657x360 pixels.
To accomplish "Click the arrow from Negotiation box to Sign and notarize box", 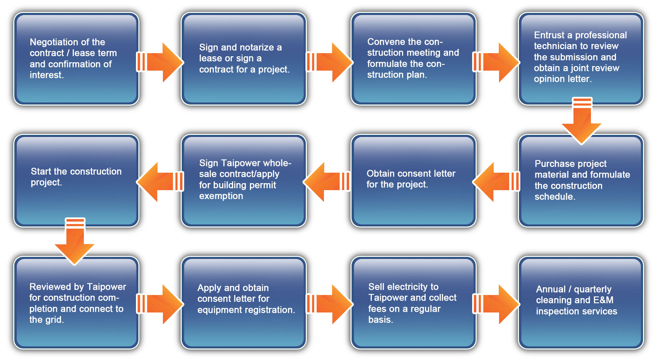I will (x=161, y=62).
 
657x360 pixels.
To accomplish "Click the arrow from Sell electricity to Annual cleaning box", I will (x=496, y=304).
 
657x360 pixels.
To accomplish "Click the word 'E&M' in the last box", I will (x=604, y=300).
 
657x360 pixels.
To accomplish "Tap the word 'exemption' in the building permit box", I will (x=221, y=196).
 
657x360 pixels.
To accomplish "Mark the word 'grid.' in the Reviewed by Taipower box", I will (x=54, y=320).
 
